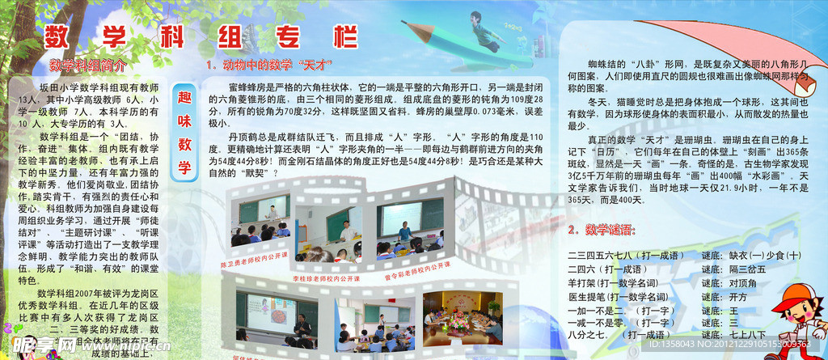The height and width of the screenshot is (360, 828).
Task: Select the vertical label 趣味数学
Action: pos(184,130)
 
